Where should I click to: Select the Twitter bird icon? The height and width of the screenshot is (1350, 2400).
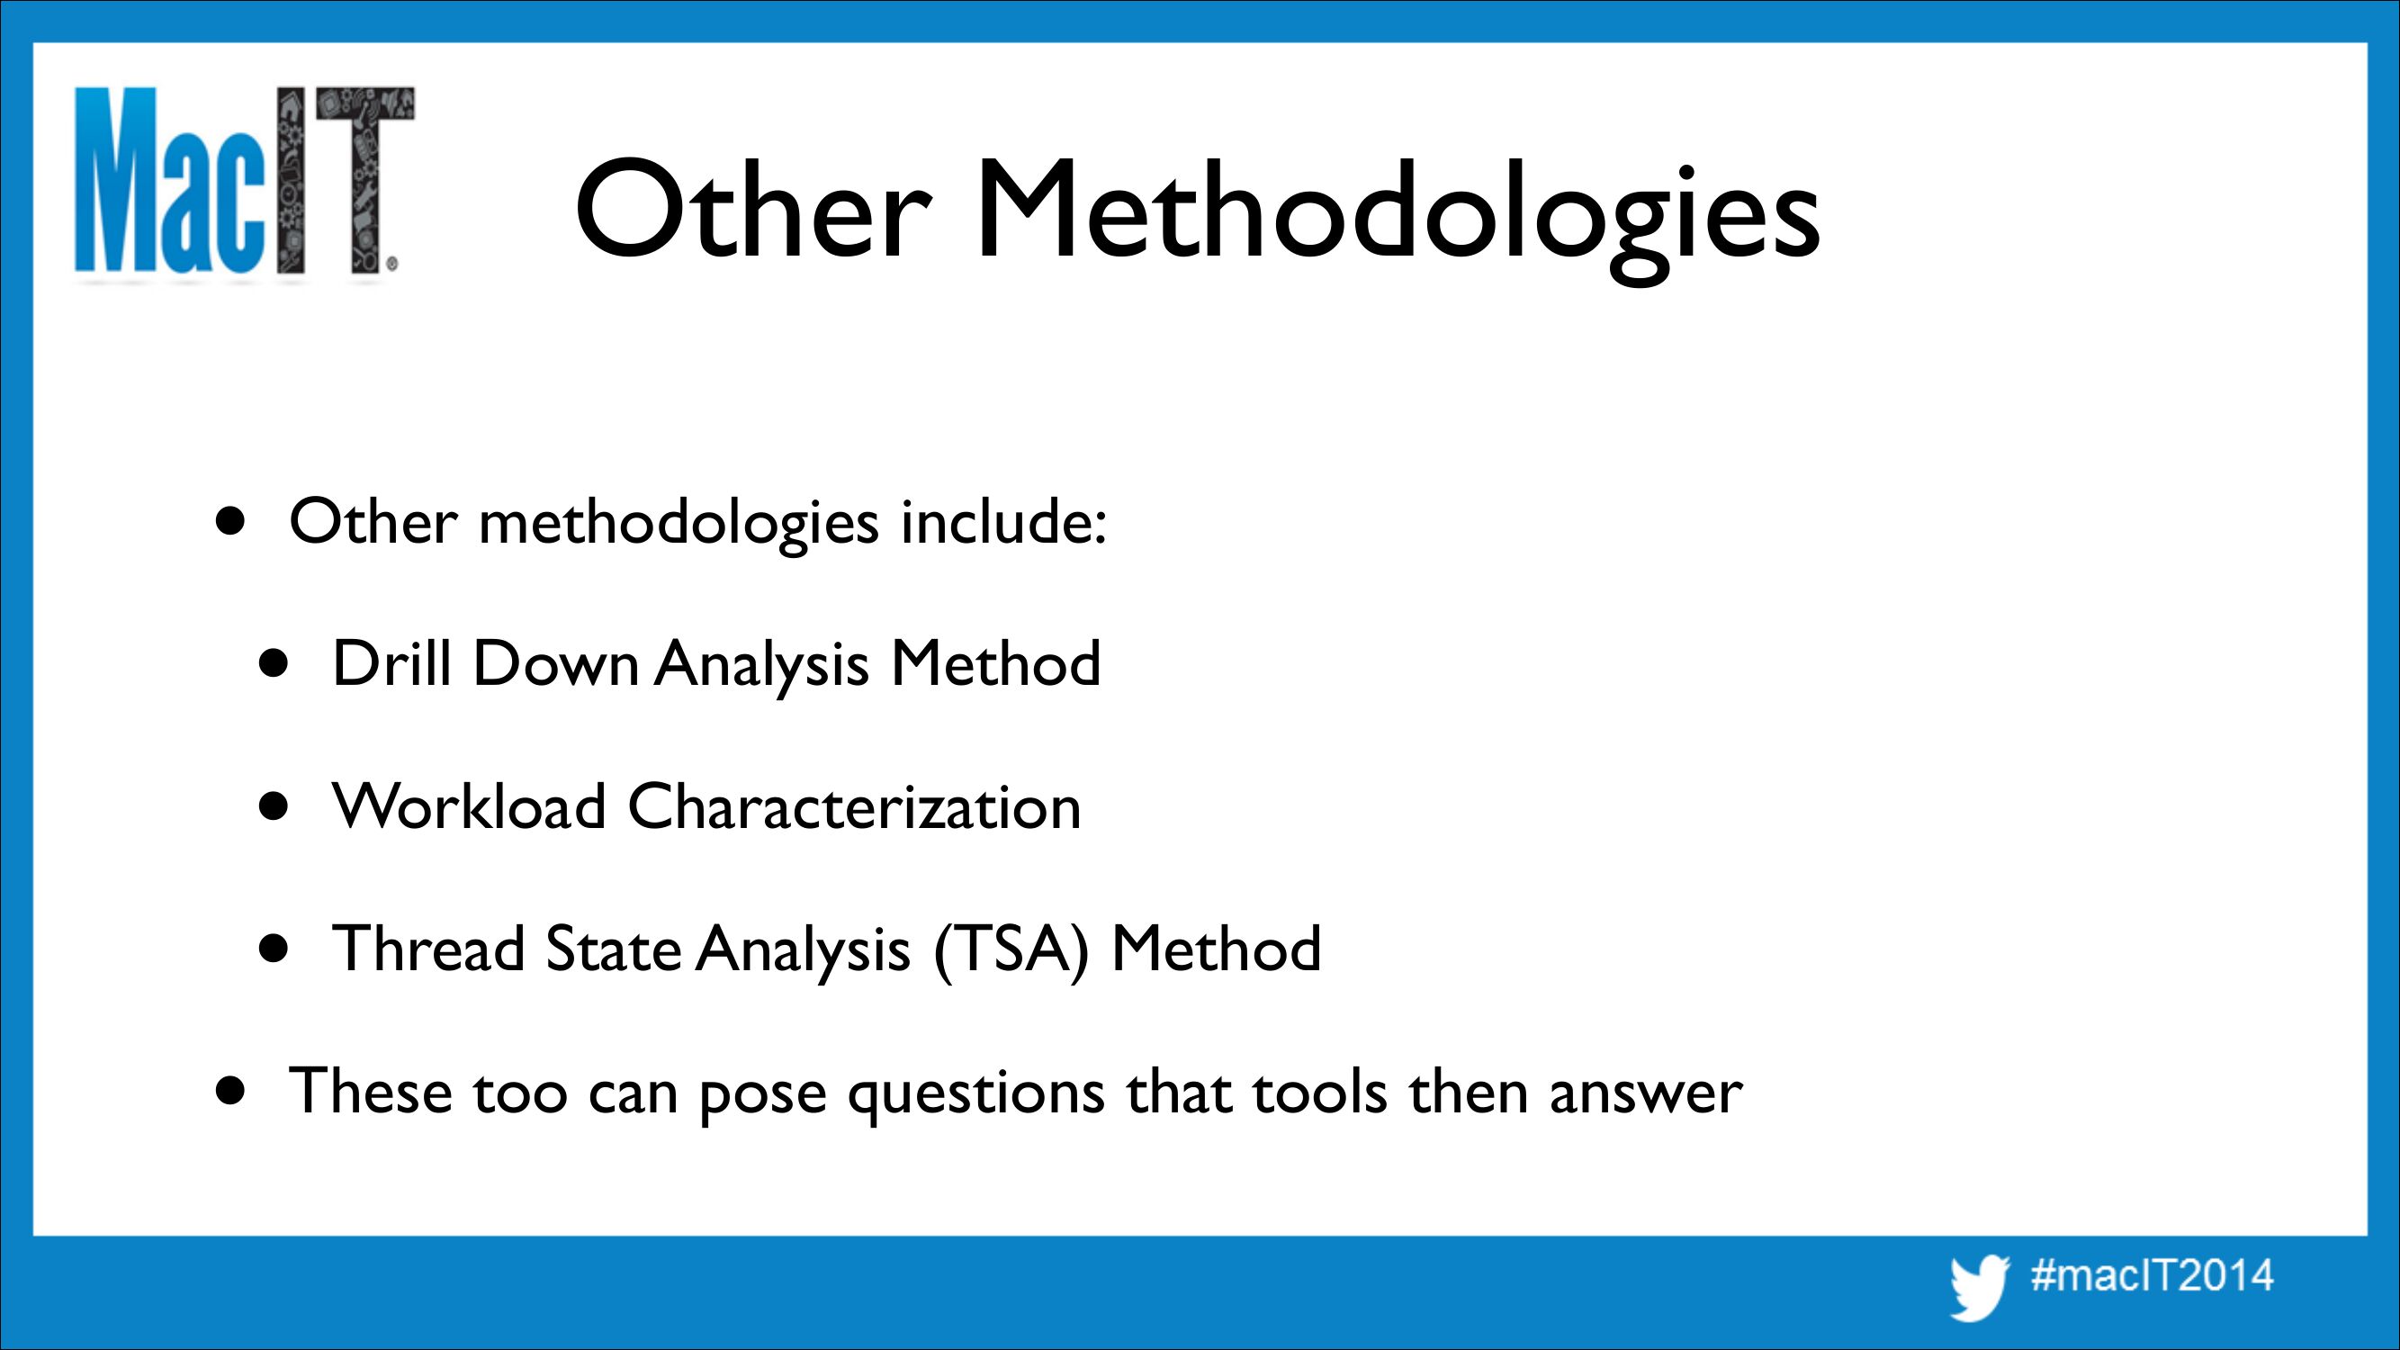[1978, 1287]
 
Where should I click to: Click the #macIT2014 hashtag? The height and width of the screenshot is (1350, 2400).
[2152, 1274]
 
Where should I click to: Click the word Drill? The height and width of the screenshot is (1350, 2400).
[391, 662]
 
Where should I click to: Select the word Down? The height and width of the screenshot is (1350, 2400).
[556, 662]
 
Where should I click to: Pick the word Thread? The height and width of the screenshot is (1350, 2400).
[428, 949]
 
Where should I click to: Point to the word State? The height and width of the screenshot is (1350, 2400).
[612, 949]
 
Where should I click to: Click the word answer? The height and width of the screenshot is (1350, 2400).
[1645, 1093]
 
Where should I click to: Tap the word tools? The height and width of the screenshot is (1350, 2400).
[1319, 1090]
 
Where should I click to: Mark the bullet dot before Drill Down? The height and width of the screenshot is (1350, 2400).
[274, 665]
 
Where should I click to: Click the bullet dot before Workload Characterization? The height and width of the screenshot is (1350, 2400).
[274, 808]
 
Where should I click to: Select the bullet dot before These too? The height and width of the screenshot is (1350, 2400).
[231, 1090]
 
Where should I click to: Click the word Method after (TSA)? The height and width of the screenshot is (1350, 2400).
[1216, 949]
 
